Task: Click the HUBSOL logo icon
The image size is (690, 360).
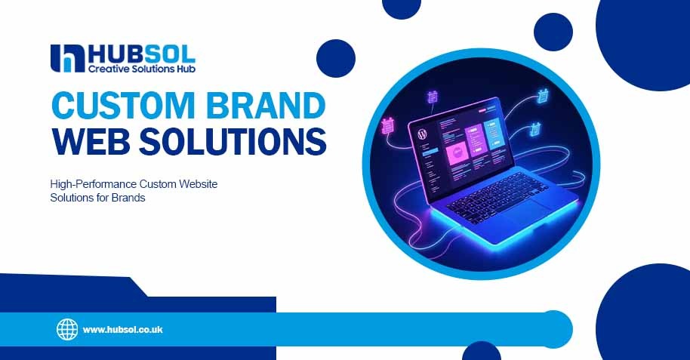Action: (x=66, y=58)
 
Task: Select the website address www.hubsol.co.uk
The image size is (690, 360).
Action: (x=123, y=330)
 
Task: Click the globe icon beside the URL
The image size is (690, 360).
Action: (x=67, y=329)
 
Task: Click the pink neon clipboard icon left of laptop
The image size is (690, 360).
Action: (x=389, y=125)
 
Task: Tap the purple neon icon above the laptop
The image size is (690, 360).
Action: (x=433, y=97)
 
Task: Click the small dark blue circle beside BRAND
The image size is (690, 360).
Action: (x=335, y=58)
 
